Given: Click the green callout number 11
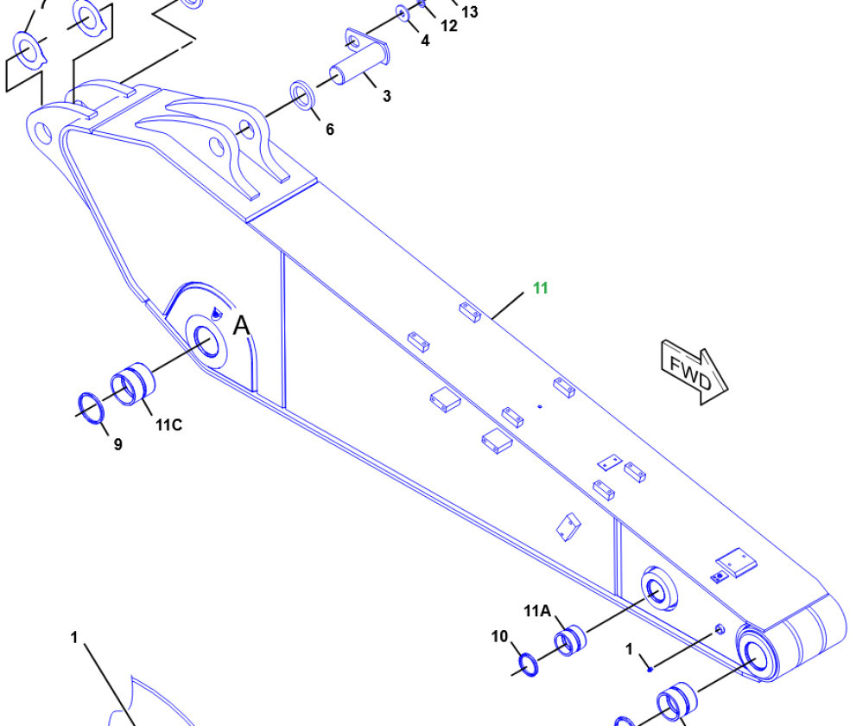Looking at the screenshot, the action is [x=541, y=288].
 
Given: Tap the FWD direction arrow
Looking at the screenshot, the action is [x=695, y=372].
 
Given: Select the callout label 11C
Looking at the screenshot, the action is [x=168, y=425].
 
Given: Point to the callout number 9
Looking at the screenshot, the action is [x=118, y=444].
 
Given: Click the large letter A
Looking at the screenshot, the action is [x=241, y=326].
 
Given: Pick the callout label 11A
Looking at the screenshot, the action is [x=537, y=611].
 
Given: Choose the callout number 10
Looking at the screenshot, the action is [x=500, y=636].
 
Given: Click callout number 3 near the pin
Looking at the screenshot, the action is [x=386, y=96].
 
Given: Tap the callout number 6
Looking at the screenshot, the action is [x=330, y=129].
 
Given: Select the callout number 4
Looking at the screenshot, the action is [x=425, y=41].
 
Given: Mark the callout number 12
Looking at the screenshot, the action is [x=449, y=26].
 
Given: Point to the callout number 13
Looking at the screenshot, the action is [x=469, y=12].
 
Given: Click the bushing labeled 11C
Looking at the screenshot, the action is [x=133, y=385].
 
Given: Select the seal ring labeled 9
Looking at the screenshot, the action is [x=92, y=407].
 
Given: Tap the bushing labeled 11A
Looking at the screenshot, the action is [x=570, y=640].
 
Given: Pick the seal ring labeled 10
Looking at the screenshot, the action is [x=529, y=665].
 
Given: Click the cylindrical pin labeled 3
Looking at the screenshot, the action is [x=358, y=59].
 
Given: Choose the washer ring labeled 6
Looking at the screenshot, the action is [x=302, y=95].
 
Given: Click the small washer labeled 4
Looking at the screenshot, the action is [x=403, y=13].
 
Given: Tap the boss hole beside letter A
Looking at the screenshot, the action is [x=206, y=341].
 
